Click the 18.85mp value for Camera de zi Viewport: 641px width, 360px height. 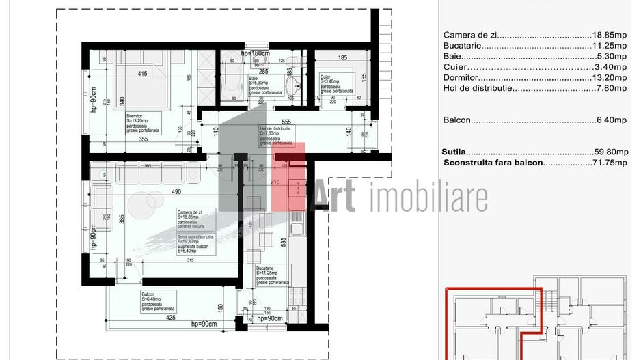coord(609,35)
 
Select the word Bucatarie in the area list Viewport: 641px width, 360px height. coord(463,46)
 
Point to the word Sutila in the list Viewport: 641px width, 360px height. coord(454,152)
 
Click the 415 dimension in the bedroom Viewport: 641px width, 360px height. coord(142,73)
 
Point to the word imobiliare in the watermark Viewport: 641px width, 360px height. coord(429,198)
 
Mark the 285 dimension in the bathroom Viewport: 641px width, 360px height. coord(262,70)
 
